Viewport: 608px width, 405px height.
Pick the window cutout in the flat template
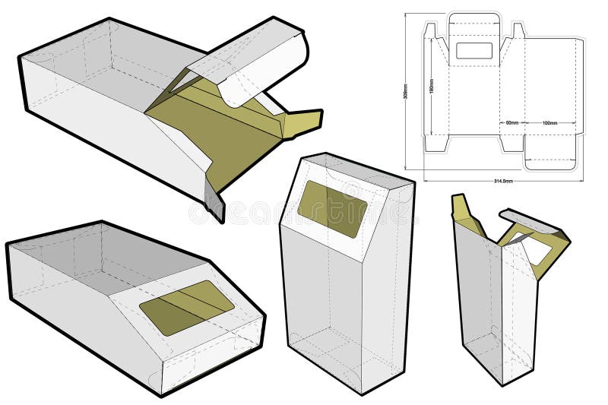coord(474,50)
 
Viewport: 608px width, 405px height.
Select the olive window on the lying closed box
coord(187,307)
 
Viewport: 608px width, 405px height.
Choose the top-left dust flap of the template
coord(431,32)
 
